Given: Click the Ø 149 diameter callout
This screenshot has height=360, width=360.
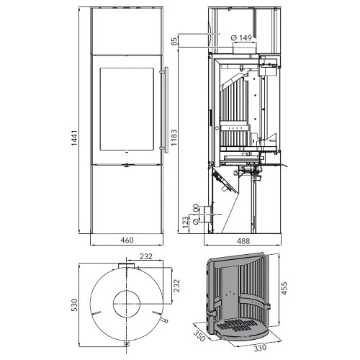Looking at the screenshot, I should point(240,37).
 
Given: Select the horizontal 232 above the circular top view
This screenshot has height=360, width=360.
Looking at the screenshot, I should point(145,255).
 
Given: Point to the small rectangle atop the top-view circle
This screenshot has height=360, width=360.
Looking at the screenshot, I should point(127,266).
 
